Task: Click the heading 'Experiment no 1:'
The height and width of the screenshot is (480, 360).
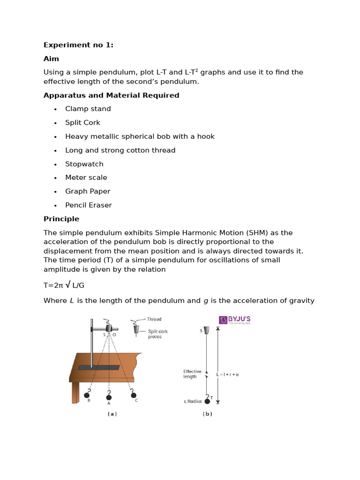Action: [78, 45]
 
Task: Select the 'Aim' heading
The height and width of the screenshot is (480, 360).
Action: [51, 59]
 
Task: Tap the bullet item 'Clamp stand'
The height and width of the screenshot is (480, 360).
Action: [88, 109]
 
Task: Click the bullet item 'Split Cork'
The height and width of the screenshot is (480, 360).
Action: [82, 122]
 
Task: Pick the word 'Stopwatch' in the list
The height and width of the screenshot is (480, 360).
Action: [84, 164]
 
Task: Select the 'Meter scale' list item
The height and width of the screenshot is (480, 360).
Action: [86, 178]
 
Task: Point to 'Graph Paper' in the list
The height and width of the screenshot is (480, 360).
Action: [88, 191]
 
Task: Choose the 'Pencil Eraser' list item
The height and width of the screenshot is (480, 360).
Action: [89, 205]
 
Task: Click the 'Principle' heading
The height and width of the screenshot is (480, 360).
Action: [61, 219]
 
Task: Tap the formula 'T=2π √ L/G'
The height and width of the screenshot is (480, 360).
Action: [64, 285]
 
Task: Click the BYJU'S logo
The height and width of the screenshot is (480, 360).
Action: [234, 320]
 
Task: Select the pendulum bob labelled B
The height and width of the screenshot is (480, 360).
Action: [87, 395]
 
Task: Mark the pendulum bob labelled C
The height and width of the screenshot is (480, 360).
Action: [134, 395]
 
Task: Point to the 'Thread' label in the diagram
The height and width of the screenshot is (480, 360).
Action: [154, 319]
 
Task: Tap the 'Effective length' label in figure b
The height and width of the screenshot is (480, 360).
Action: [192, 374]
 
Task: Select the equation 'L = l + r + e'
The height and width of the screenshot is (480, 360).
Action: [228, 375]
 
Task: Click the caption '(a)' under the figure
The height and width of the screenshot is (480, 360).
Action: [112, 414]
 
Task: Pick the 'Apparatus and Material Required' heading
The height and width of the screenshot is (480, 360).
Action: [111, 95]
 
